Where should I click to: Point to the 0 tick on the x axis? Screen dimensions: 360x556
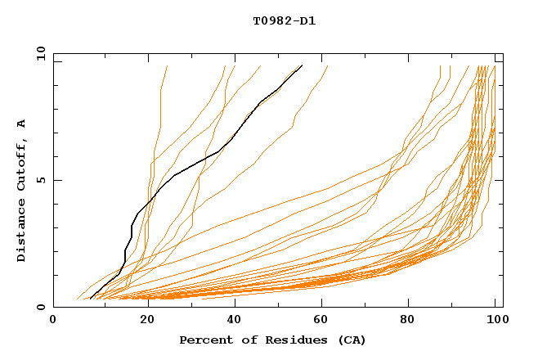(53, 320)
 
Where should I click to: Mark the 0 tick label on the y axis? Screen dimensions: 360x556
(41, 308)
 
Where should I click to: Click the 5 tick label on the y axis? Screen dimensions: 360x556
(41, 180)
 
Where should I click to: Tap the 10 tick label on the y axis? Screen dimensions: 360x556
(38, 53)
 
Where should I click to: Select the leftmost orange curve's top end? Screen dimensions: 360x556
(167, 65)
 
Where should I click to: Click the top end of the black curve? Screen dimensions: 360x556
(303, 65)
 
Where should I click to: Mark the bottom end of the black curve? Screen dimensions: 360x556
(90, 299)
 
